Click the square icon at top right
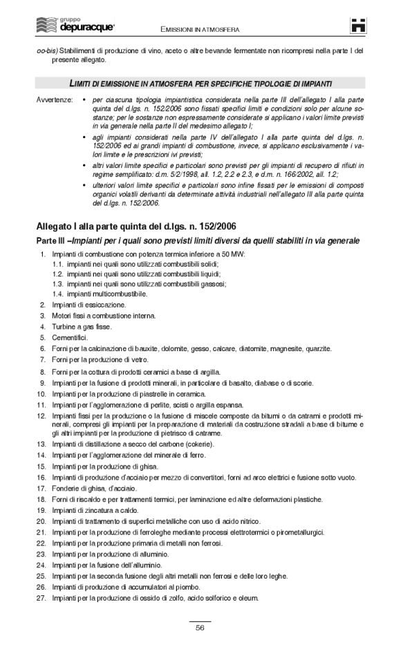(358, 26)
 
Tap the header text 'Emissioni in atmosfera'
(200, 30)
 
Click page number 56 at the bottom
(200, 627)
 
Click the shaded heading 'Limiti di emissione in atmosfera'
(200, 82)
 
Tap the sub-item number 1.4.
(58, 293)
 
